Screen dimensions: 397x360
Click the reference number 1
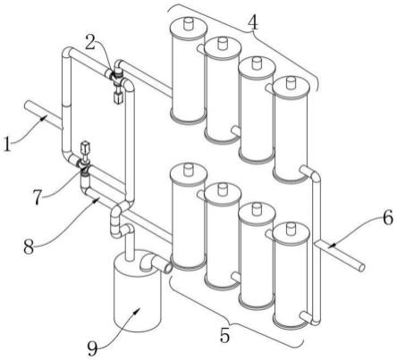[7, 143]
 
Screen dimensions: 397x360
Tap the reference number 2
[90, 41]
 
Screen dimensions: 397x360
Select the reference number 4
[252, 21]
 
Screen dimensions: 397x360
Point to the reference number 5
[225, 336]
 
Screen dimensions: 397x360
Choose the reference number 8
[29, 247]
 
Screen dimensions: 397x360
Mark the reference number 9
[92, 348]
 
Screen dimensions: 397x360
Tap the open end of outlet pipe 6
[362, 267]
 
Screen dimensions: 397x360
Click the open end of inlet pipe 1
[28, 105]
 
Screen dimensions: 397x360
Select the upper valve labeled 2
[116, 81]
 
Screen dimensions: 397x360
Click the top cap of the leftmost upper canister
[188, 28]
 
